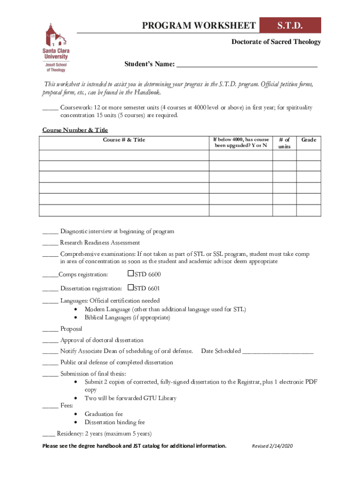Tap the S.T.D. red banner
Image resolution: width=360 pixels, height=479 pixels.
290,25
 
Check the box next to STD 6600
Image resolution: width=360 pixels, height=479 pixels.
130,274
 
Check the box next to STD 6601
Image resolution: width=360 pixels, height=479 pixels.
130,288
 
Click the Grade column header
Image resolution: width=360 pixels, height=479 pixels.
309,140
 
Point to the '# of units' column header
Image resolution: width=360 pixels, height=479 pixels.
284,143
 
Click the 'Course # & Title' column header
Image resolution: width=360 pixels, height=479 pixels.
124,140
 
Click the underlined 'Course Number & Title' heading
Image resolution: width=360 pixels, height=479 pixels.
75,130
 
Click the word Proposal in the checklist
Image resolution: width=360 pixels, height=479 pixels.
71,329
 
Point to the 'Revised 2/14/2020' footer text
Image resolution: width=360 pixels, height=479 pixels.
272,446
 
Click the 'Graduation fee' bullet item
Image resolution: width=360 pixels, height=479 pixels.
104,414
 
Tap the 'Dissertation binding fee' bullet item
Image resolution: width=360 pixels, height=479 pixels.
115,422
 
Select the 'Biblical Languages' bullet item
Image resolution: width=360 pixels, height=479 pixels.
127,318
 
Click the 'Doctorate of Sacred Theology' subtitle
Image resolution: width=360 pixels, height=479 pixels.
276,42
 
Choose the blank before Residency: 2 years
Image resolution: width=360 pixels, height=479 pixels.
49,434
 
